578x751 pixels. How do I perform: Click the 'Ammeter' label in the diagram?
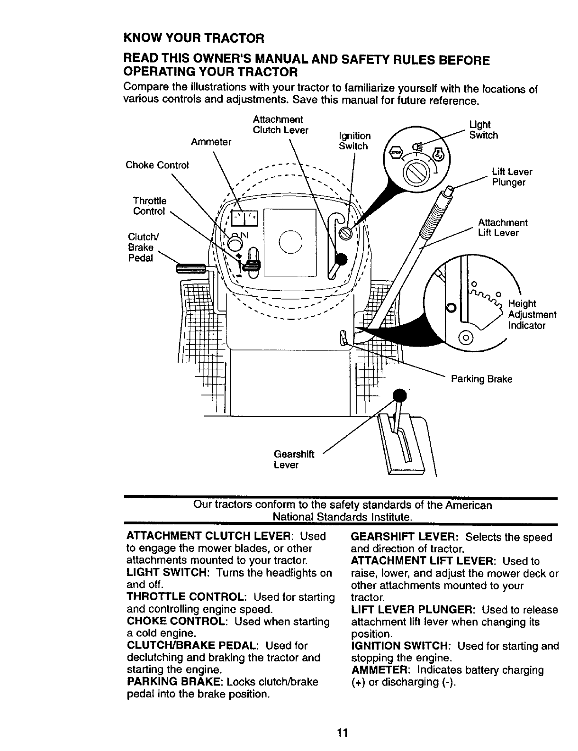[x=211, y=142]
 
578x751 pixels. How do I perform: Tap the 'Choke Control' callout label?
[x=157, y=165]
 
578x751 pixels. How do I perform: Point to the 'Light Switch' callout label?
[x=483, y=130]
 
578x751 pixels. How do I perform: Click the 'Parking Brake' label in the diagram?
[x=481, y=379]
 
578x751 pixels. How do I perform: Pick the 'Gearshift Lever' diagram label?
[x=294, y=459]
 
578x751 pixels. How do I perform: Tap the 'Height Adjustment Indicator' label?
[x=532, y=314]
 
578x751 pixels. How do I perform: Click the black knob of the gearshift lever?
[x=400, y=395]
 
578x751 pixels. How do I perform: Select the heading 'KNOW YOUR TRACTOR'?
[x=193, y=37]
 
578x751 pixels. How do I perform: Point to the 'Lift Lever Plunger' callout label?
[x=512, y=177]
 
